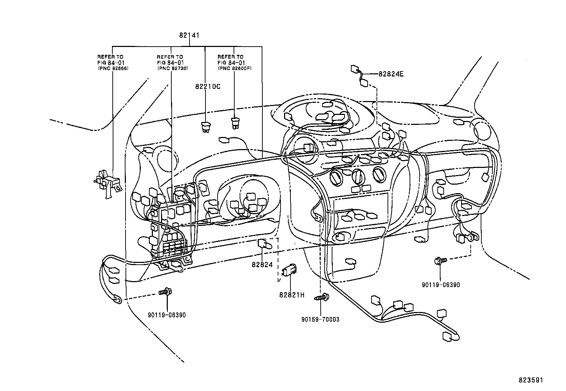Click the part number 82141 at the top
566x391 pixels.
click(x=189, y=35)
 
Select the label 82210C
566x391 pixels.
click(x=208, y=86)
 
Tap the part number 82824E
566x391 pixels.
click(x=391, y=74)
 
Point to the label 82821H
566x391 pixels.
click(x=292, y=295)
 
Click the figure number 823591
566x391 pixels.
click(x=531, y=380)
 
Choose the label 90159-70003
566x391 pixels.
click(x=320, y=319)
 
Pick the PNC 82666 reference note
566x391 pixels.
click(x=113, y=62)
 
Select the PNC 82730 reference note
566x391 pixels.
click(x=172, y=62)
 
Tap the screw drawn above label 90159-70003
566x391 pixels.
click(x=322, y=297)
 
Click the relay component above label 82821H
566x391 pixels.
click(x=290, y=271)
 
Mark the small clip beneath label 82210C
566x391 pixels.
click(x=205, y=126)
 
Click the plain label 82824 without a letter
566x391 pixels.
click(x=262, y=264)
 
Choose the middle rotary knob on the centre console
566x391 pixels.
click(x=358, y=176)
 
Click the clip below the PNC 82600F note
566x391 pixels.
click(x=235, y=123)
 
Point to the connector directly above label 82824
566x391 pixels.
click(x=263, y=244)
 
